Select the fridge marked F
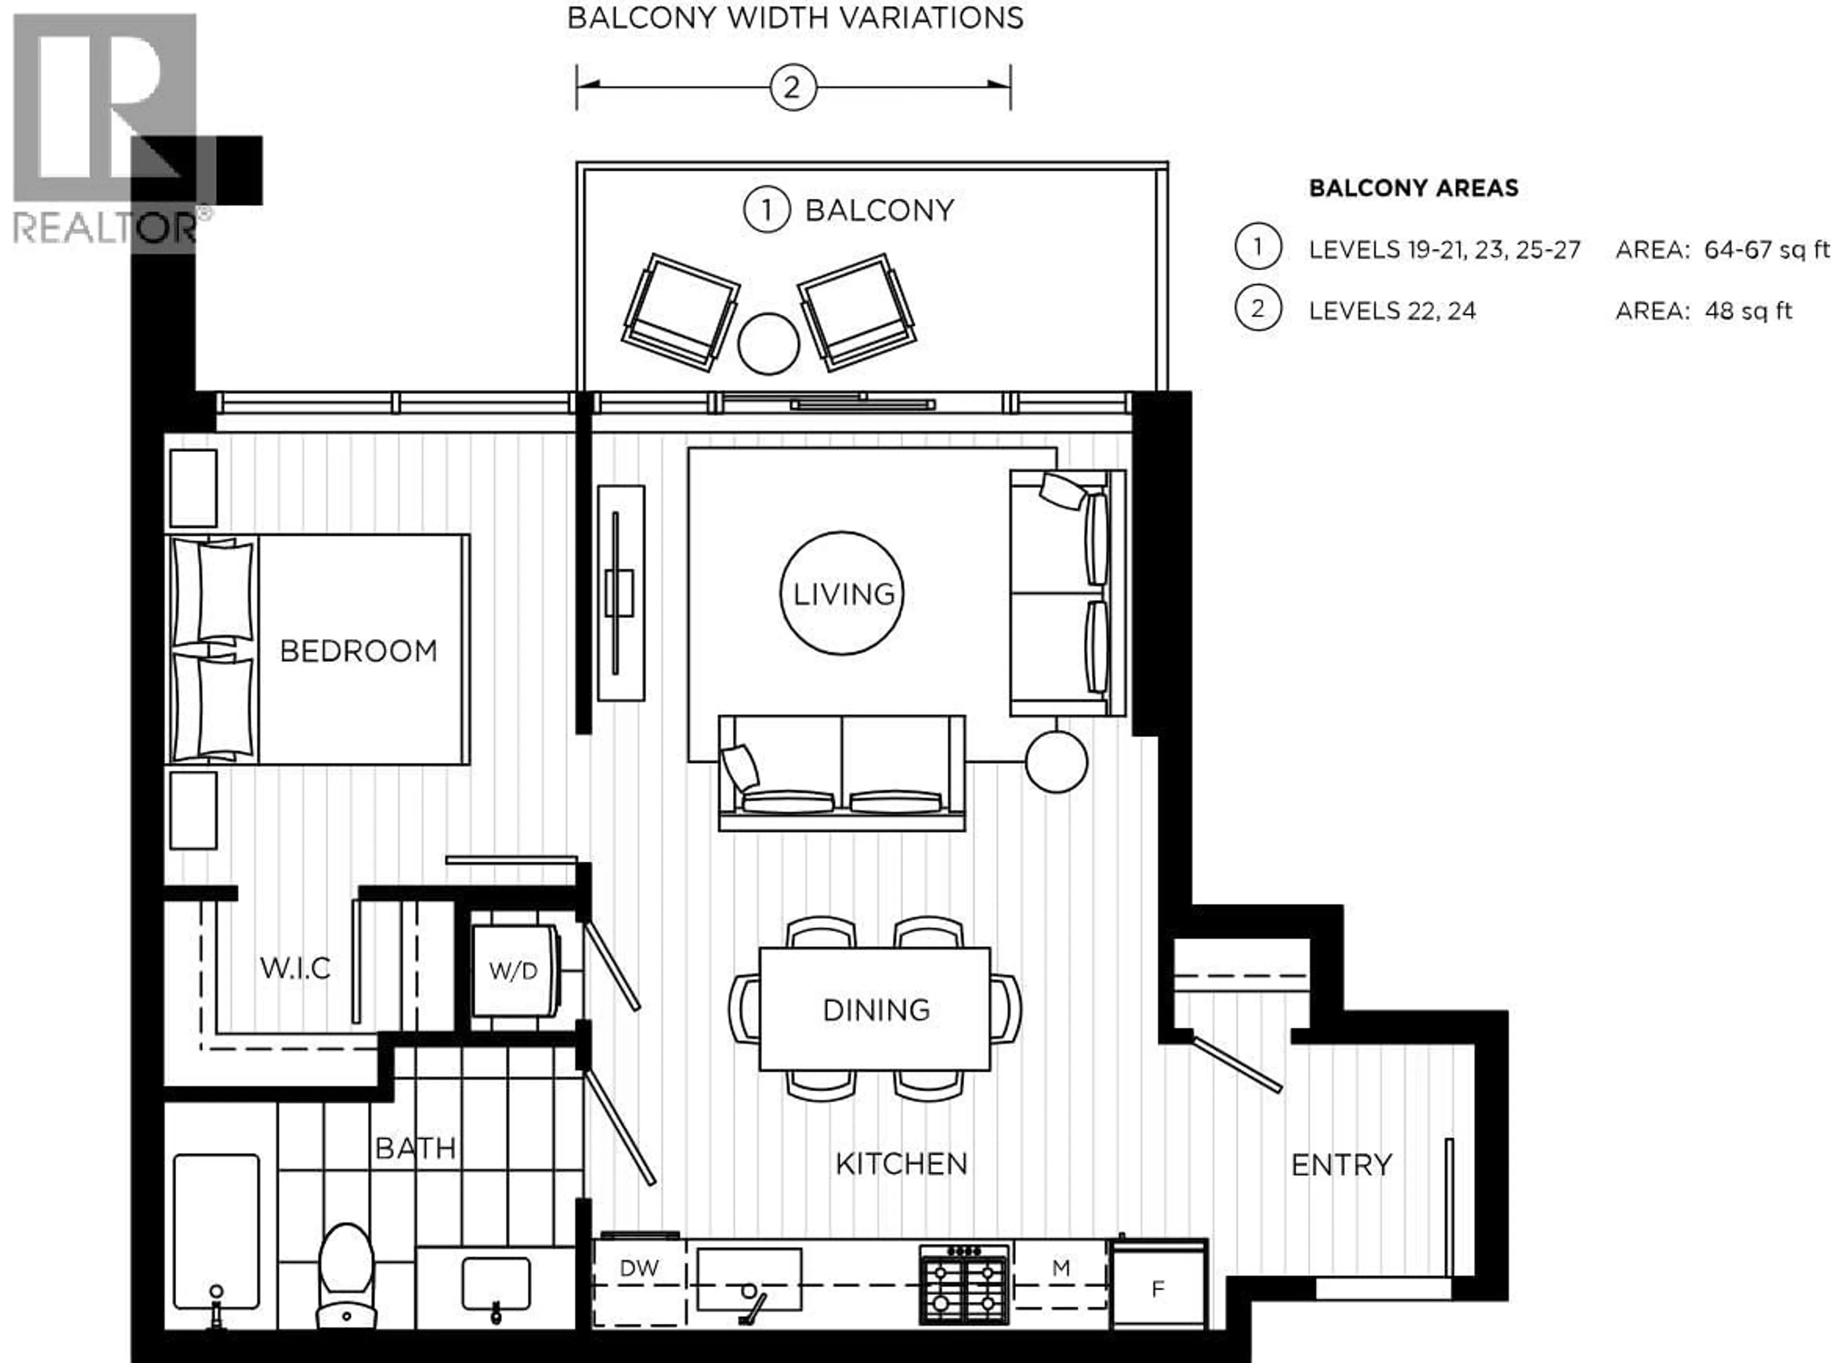(1158, 1289)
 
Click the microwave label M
(1061, 1268)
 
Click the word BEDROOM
(358, 652)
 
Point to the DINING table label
(876, 1010)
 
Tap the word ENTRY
(1341, 1165)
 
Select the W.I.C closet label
(294, 968)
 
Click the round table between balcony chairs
(768, 344)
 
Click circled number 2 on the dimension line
(793, 87)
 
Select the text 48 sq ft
(1748, 311)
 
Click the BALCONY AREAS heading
(1413, 188)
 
